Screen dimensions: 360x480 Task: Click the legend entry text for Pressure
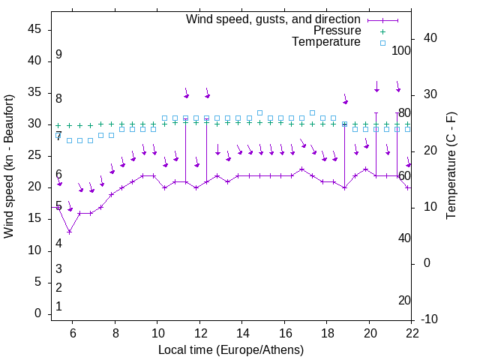pos(337,31)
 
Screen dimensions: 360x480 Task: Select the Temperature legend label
pos(326,42)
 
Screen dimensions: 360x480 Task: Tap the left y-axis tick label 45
pos(34,29)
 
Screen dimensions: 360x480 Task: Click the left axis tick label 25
pos(34,155)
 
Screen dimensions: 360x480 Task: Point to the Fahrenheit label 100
pos(403,51)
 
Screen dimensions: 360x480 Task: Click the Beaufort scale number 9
pos(58,55)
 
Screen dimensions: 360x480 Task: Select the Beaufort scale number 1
pos(58,306)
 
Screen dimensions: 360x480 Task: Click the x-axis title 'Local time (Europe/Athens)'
pos(231,349)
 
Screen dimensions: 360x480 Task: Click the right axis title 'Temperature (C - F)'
pos(451,166)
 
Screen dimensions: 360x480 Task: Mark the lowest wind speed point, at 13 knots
pos(69,232)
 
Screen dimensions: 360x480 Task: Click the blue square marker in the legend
pos(382,43)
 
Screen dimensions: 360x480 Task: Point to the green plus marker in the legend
pos(382,31)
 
